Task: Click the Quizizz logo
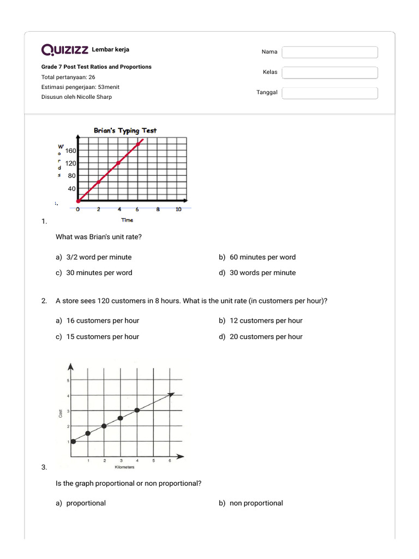(x=65, y=50)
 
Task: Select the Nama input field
(x=330, y=52)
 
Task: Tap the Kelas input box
(x=330, y=73)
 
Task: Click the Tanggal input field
(x=330, y=93)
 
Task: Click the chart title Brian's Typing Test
(x=125, y=130)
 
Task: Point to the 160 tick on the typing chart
(x=71, y=151)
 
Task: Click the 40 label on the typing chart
(x=72, y=189)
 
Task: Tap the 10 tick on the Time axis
(x=178, y=210)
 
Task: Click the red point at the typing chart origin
(x=78, y=201)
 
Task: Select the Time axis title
(x=127, y=220)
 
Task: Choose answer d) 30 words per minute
(x=257, y=273)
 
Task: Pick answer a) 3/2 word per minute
(x=93, y=257)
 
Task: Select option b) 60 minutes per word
(x=257, y=257)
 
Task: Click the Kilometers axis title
(x=124, y=467)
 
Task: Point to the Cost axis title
(x=61, y=414)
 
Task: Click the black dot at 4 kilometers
(x=137, y=410)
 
